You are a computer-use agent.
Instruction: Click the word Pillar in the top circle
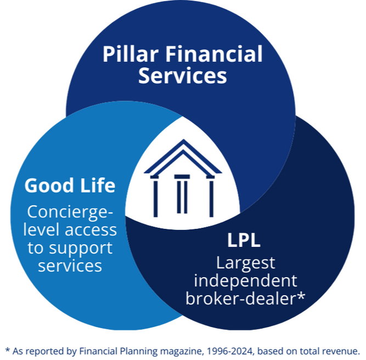[131, 54]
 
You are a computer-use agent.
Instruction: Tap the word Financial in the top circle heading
[214, 54]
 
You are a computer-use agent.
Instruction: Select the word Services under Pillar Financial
[183, 76]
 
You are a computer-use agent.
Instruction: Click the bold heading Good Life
[70, 185]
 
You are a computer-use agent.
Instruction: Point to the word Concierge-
[70, 212]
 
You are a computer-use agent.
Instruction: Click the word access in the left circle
[91, 230]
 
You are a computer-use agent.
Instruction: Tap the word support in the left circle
[81, 249]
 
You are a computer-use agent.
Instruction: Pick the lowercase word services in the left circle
[70, 266]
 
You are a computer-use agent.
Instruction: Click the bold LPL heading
[244, 240]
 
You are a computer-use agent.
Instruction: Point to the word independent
[246, 281]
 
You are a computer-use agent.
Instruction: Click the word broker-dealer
[240, 299]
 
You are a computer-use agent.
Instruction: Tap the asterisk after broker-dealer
[300, 295]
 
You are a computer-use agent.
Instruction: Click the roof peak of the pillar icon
[183, 140]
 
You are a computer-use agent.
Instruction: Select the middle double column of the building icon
[182, 194]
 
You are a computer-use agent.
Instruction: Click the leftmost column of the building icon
[155, 196]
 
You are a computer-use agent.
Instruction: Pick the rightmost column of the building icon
[211, 196]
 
